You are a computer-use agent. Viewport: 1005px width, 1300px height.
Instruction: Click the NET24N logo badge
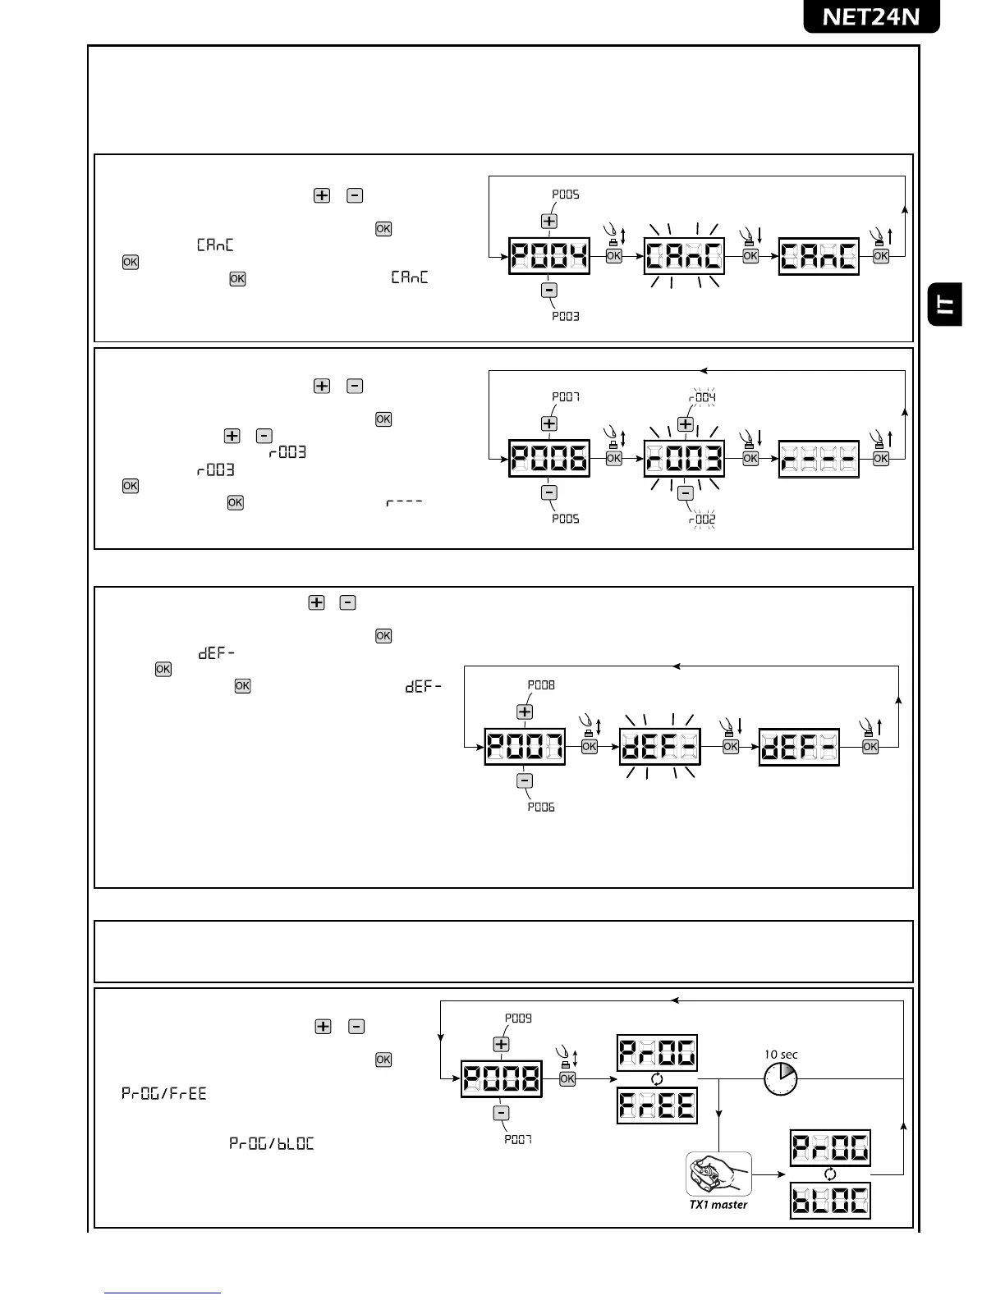pyautogui.click(x=871, y=16)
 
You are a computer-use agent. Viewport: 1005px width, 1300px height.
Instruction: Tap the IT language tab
pyautogui.click(x=945, y=304)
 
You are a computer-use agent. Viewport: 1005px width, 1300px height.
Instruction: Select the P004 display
pyautogui.click(x=549, y=256)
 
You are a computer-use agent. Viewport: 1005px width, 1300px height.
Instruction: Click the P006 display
pyautogui.click(x=549, y=459)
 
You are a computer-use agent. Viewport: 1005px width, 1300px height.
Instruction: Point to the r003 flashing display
pyautogui.click(x=684, y=459)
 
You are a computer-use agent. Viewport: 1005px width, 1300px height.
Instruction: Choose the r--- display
pyautogui.click(x=818, y=459)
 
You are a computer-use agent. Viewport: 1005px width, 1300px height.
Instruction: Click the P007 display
pyautogui.click(x=525, y=747)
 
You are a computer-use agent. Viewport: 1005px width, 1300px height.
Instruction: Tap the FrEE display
pyautogui.click(x=657, y=1105)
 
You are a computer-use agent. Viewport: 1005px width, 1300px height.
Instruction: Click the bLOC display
pyautogui.click(x=829, y=1202)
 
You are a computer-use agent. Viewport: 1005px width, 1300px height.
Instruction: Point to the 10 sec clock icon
pyautogui.click(x=780, y=1078)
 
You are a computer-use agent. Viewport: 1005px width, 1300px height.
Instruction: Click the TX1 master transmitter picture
pyautogui.click(x=718, y=1174)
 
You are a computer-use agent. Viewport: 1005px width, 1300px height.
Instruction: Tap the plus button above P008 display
pyautogui.click(x=501, y=1044)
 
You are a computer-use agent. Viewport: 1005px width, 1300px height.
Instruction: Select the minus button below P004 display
pyautogui.click(x=549, y=290)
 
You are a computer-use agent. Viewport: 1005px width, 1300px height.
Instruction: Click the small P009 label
pyautogui.click(x=518, y=1018)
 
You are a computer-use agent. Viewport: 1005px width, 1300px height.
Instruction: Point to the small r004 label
pyautogui.click(x=702, y=397)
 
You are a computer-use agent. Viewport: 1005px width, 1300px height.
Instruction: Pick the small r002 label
pyautogui.click(x=702, y=520)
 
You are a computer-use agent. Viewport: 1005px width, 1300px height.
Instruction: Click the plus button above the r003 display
pyautogui.click(x=685, y=423)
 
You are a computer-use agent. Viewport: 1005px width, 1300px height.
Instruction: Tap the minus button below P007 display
pyautogui.click(x=525, y=780)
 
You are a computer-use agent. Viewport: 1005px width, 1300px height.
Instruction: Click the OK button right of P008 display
pyautogui.click(x=567, y=1079)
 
